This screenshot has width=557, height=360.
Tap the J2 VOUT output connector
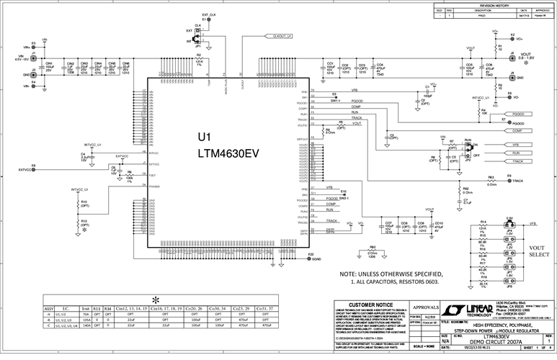[x=512, y=55]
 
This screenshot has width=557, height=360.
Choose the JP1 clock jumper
[x=198, y=32]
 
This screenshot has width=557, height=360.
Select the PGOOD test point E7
[x=504, y=122]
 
